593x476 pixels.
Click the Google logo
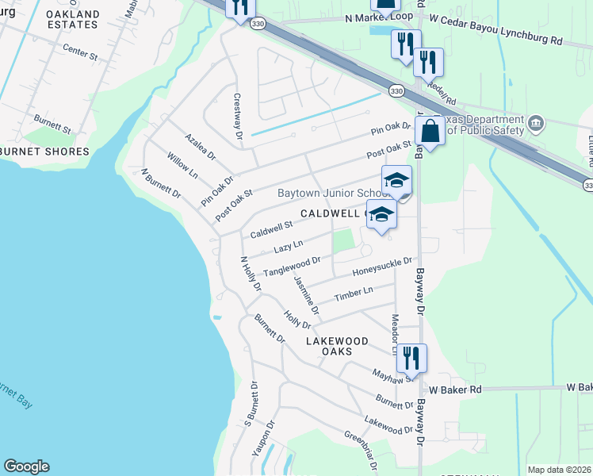coord(26,466)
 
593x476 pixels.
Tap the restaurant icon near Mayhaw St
coord(411,357)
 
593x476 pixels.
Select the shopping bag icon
coord(430,131)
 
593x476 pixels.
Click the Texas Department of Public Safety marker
coord(537,124)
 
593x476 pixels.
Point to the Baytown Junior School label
coord(330,193)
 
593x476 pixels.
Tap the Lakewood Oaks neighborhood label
coord(338,346)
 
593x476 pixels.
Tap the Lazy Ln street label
coord(289,248)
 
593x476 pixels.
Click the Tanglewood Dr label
coord(292,266)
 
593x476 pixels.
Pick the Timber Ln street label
coord(353,294)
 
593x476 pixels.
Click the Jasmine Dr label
coord(306,294)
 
